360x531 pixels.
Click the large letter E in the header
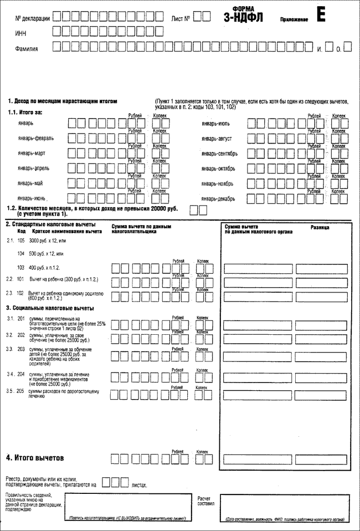point(321,15)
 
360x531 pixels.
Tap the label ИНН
point(20,34)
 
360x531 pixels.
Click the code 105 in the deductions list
point(21,241)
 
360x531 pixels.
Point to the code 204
point(21,375)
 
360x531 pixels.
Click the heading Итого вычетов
point(35,458)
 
